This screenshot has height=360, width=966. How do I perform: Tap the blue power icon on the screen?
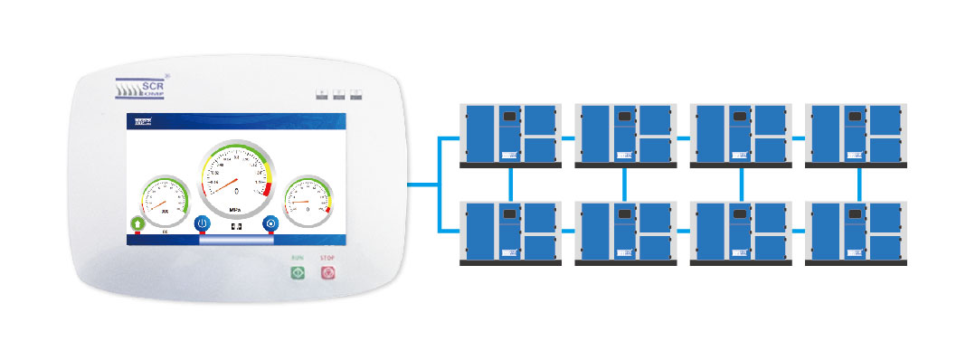[x=203, y=223]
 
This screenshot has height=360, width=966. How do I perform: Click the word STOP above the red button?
[x=327, y=259]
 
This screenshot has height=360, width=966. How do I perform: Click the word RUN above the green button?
[x=297, y=259]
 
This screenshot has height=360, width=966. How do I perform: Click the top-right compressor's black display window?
[x=854, y=117]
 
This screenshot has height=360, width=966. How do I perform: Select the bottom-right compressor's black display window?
[x=854, y=214]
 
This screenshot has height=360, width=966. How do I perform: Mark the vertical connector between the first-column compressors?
[x=511, y=184]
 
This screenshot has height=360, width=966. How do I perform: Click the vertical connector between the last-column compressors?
[x=858, y=184]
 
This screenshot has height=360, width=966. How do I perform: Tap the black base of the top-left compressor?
[x=510, y=166]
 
